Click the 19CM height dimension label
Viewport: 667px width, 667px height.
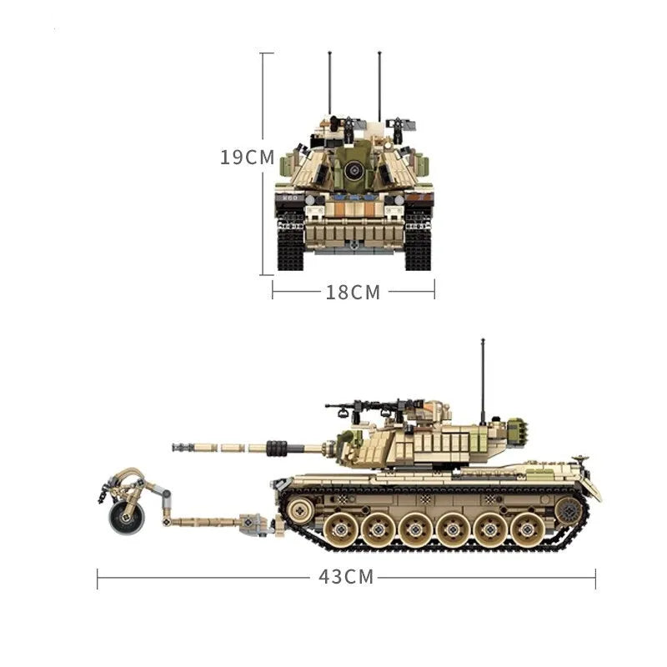click(247, 158)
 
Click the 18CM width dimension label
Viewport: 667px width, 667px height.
click(353, 293)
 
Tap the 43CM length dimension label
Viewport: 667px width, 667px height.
click(346, 577)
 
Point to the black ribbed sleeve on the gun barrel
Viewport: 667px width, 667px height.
click(277, 448)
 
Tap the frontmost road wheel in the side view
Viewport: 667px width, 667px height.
click(340, 529)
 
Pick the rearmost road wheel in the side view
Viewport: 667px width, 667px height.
click(527, 529)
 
